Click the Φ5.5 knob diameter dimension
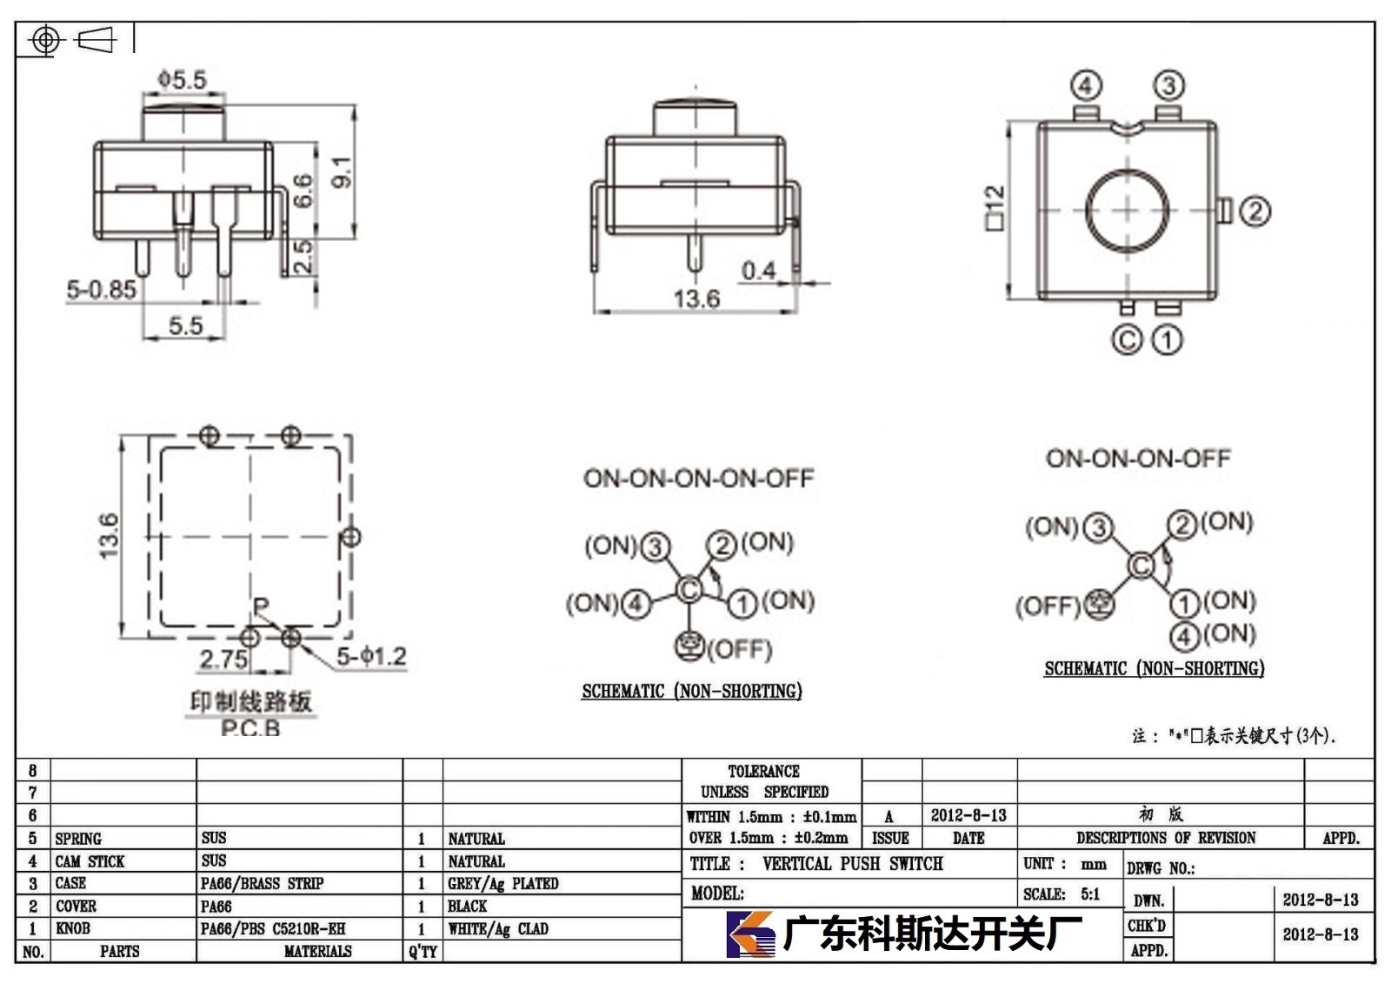click(182, 79)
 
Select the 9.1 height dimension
click(343, 171)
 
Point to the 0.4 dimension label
click(759, 271)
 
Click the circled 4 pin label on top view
click(1086, 85)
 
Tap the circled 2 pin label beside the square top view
click(1255, 211)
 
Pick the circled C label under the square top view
click(1127, 340)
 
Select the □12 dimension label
click(995, 208)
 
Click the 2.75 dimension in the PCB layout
click(223, 659)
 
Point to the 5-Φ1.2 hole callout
click(371, 656)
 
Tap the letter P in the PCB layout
click(261, 606)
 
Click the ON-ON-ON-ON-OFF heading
click(699, 478)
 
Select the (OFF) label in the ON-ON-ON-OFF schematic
click(1048, 606)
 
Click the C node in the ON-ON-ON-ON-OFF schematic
click(689, 589)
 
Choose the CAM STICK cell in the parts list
click(90, 861)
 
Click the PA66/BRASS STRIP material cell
click(262, 883)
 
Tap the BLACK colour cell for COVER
click(467, 906)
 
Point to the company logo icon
click(750, 934)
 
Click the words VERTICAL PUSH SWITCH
click(853, 863)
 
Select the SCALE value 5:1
click(1090, 894)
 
